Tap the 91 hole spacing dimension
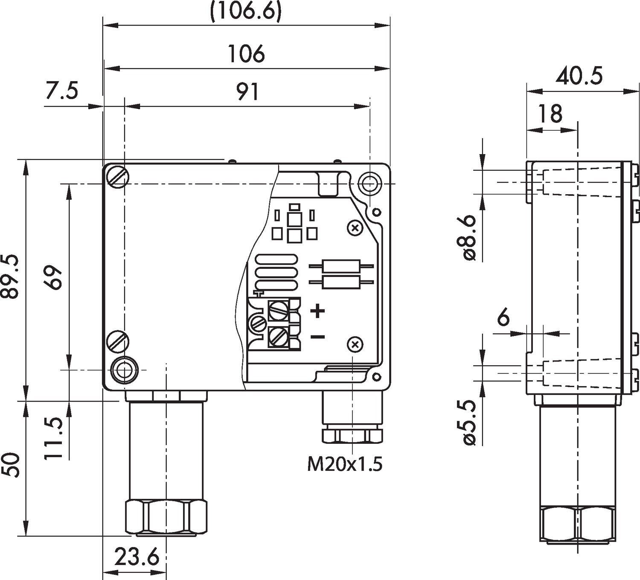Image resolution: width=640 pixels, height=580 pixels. (248, 92)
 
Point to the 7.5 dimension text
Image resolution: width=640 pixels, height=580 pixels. (62, 91)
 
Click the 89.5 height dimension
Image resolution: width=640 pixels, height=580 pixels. (10, 277)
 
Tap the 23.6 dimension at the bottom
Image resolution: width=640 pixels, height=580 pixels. (137, 557)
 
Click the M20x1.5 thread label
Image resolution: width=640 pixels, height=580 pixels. (345, 464)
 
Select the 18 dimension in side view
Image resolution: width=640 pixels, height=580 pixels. (550, 114)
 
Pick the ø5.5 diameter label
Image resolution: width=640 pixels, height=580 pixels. (468, 423)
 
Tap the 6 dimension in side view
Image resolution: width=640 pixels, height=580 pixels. (504, 318)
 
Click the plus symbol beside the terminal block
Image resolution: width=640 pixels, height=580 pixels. (317, 311)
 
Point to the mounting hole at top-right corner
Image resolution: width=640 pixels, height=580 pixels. (369, 184)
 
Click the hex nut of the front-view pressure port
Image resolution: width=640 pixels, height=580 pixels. (166, 517)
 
